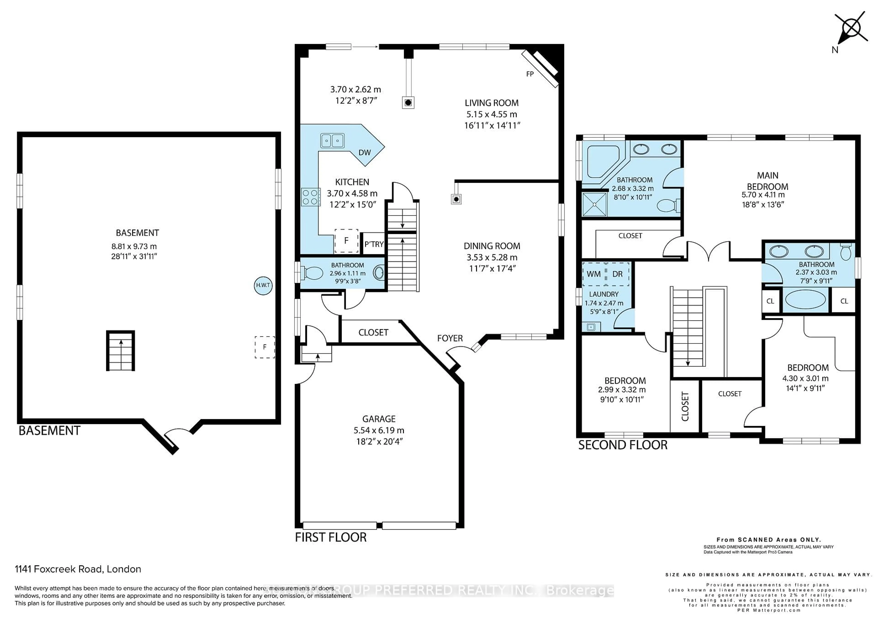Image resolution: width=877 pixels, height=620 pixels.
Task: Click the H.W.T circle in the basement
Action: pos(263,285)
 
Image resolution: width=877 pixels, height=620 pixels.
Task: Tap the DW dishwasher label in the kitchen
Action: pos(365,152)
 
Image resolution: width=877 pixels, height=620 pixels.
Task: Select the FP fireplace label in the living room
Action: pos(530,74)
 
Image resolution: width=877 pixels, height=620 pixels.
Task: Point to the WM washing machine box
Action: pos(594,274)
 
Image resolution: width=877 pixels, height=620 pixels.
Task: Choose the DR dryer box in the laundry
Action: pos(618,274)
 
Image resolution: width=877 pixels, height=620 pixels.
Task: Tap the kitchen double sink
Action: pos(332,140)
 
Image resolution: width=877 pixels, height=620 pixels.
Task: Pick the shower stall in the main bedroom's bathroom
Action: pos(594,205)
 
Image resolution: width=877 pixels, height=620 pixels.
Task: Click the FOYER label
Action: pos(450,338)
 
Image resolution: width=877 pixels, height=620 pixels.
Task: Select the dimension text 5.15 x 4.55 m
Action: pos(491,114)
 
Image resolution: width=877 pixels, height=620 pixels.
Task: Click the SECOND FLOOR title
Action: pos(623,445)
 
